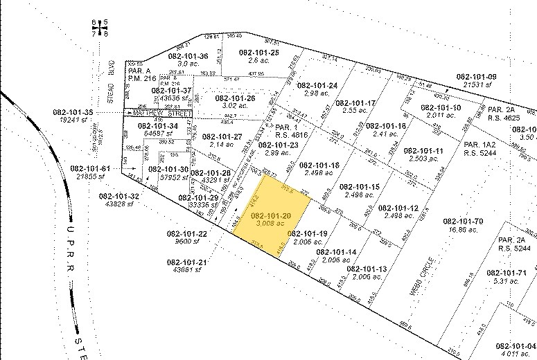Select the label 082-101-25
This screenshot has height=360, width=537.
pyautogui.click(x=258, y=53)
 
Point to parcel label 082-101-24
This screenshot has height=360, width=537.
pyautogui.click(x=317, y=85)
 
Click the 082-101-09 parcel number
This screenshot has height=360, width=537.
pyautogui.click(x=476, y=76)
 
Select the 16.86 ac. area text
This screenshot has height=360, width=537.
pyautogui.click(x=465, y=230)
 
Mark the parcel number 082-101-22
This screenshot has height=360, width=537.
pyautogui.click(x=187, y=234)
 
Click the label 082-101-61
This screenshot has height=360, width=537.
pyautogui.click(x=89, y=169)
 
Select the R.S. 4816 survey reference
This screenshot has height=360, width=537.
pyautogui.click(x=290, y=136)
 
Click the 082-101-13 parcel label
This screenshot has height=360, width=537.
pyautogui.click(x=367, y=269)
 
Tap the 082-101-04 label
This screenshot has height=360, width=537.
pyautogui.click(x=516, y=345)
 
